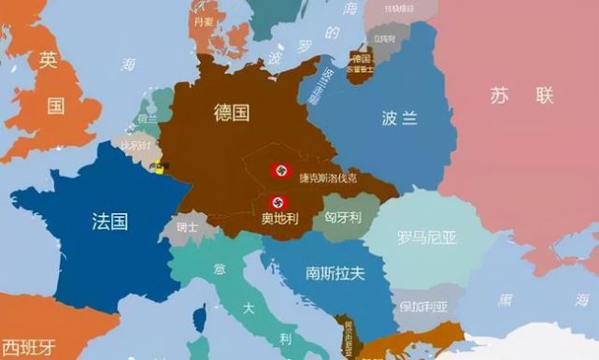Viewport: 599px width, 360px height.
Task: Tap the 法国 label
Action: click(110, 222)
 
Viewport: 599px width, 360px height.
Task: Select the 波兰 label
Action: click(400, 118)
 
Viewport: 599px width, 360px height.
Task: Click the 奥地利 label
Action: click(280, 220)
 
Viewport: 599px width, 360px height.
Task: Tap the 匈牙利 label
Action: click(342, 215)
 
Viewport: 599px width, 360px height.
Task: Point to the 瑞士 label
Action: click(187, 226)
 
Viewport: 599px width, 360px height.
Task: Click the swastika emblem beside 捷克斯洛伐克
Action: click(280, 171)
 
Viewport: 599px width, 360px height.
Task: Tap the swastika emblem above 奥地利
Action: click(278, 201)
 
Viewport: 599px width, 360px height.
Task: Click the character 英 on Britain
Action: click(49, 61)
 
